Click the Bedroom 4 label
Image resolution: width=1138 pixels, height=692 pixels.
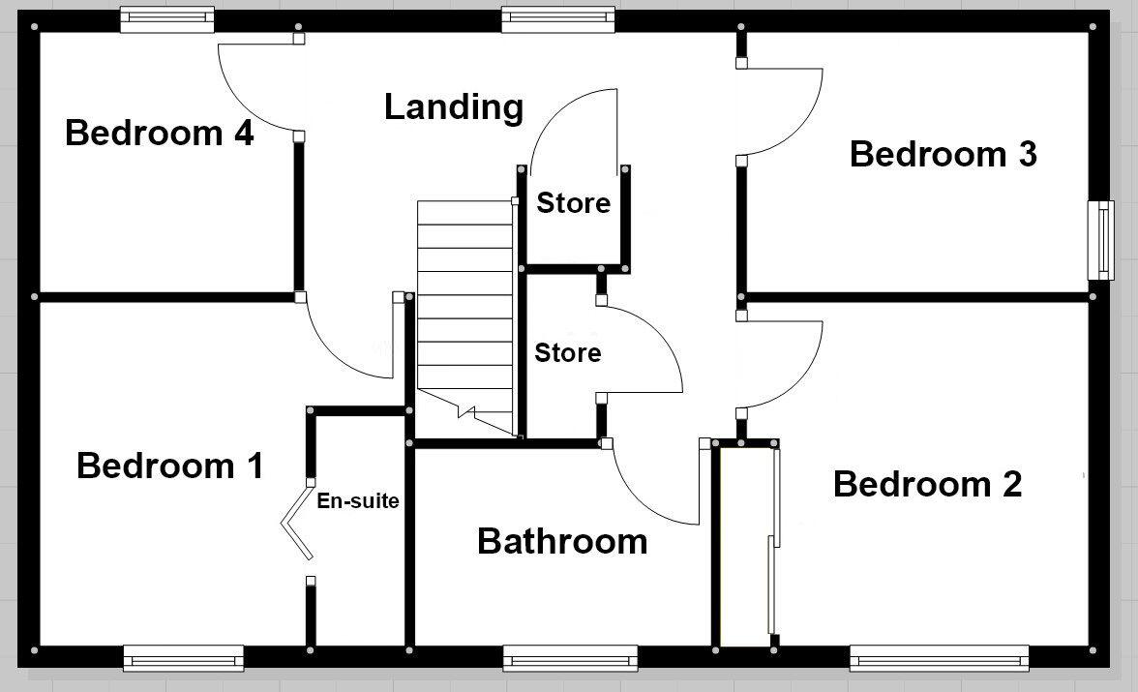tap(159, 133)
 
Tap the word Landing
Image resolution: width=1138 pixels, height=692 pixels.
tap(453, 107)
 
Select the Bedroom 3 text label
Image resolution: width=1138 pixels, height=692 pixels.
tap(943, 154)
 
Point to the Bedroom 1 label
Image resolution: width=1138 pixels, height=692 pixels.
tap(169, 466)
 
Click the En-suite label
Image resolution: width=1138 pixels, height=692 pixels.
tap(358, 501)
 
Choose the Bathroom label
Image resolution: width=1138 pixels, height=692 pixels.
tap(562, 541)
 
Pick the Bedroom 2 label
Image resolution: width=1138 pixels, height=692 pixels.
tap(927, 484)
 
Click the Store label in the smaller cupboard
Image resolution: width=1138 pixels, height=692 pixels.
tap(573, 203)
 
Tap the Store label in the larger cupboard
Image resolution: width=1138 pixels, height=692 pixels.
tap(567, 353)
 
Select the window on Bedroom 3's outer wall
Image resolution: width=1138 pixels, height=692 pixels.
tap(1100, 240)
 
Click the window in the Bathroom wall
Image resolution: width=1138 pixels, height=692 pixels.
tap(570, 660)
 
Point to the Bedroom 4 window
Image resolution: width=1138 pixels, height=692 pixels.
tap(166, 19)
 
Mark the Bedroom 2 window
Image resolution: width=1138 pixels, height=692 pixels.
tap(938, 660)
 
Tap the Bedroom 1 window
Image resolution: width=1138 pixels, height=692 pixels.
tap(182, 660)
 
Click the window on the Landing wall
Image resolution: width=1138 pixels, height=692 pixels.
tap(558, 19)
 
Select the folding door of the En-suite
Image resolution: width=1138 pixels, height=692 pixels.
tap(297, 523)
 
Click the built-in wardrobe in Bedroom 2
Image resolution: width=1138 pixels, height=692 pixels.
tap(745, 547)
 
